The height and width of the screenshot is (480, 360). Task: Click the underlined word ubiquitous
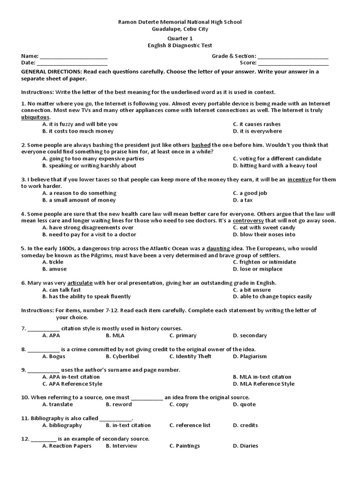35,117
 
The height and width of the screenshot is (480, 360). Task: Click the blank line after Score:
293,63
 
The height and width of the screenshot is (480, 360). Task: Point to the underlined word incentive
299,180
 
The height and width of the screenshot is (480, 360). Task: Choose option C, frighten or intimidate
264,262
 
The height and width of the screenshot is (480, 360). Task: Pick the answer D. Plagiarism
249,356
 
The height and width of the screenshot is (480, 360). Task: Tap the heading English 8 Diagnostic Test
180,45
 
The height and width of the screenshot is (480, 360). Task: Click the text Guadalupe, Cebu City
180,29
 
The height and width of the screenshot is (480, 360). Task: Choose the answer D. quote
244,405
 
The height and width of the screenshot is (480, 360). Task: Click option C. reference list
190,426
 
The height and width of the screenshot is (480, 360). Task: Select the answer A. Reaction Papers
67,446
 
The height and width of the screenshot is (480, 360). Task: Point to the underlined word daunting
218,248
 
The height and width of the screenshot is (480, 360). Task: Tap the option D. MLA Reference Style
263,384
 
